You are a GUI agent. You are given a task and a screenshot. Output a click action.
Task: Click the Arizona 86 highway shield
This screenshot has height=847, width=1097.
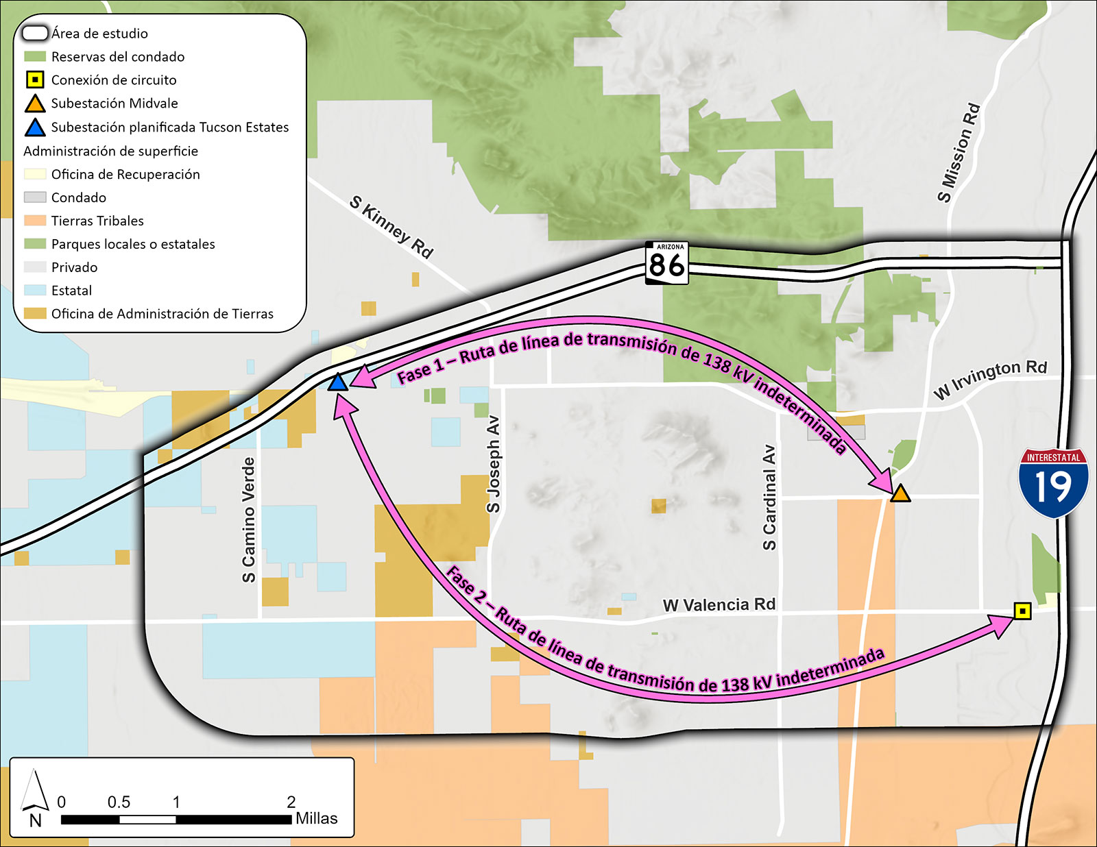tap(666, 262)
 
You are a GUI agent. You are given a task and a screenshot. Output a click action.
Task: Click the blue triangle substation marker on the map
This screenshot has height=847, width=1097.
tap(337, 382)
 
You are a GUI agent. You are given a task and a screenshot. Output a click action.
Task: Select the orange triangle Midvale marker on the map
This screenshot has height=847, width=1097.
tap(900, 493)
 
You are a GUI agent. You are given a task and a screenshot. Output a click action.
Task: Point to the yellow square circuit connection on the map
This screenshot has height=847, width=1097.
tap(1022, 611)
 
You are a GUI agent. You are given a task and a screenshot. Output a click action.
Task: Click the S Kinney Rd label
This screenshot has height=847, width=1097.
tap(391, 227)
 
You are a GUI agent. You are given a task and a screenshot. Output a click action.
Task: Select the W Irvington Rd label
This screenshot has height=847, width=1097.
tap(990, 379)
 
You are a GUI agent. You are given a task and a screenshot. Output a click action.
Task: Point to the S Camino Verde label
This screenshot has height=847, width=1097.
tap(249, 520)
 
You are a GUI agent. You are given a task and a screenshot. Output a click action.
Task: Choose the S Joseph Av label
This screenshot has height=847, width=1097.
tap(493, 464)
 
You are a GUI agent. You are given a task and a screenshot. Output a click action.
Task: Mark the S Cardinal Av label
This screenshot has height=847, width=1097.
tap(769, 498)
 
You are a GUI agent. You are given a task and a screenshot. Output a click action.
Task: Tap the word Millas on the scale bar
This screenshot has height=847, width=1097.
tap(316, 818)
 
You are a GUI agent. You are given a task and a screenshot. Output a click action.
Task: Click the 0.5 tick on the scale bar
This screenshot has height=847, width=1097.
tap(119, 802)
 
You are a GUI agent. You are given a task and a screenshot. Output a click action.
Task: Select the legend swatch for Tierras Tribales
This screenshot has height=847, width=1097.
tap(35, 221)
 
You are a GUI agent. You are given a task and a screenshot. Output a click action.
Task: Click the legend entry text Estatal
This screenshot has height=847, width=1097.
tap(71, 291)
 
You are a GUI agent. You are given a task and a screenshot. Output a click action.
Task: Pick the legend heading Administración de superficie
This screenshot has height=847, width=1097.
tap(110, 151)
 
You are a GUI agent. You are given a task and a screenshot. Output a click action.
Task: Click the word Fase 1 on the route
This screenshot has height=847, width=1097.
tap(420, 369)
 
